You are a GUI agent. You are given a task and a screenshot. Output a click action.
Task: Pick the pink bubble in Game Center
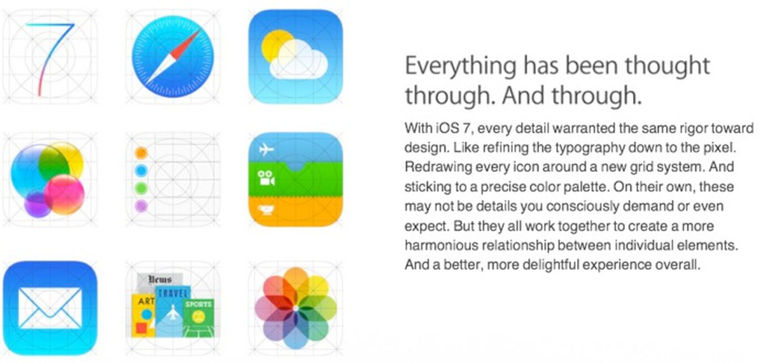(65, 194)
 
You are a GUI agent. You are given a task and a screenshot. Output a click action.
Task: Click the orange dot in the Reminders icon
(141, 153)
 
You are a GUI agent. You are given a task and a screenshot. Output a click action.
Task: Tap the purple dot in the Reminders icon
(141, 206)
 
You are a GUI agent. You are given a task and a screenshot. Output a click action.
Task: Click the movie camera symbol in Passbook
(266, 178)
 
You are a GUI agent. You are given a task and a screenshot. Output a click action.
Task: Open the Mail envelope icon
(49, 308)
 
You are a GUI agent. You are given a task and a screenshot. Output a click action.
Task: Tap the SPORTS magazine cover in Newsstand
(198, 316)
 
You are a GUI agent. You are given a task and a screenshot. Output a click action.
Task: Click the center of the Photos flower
(295, 308)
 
